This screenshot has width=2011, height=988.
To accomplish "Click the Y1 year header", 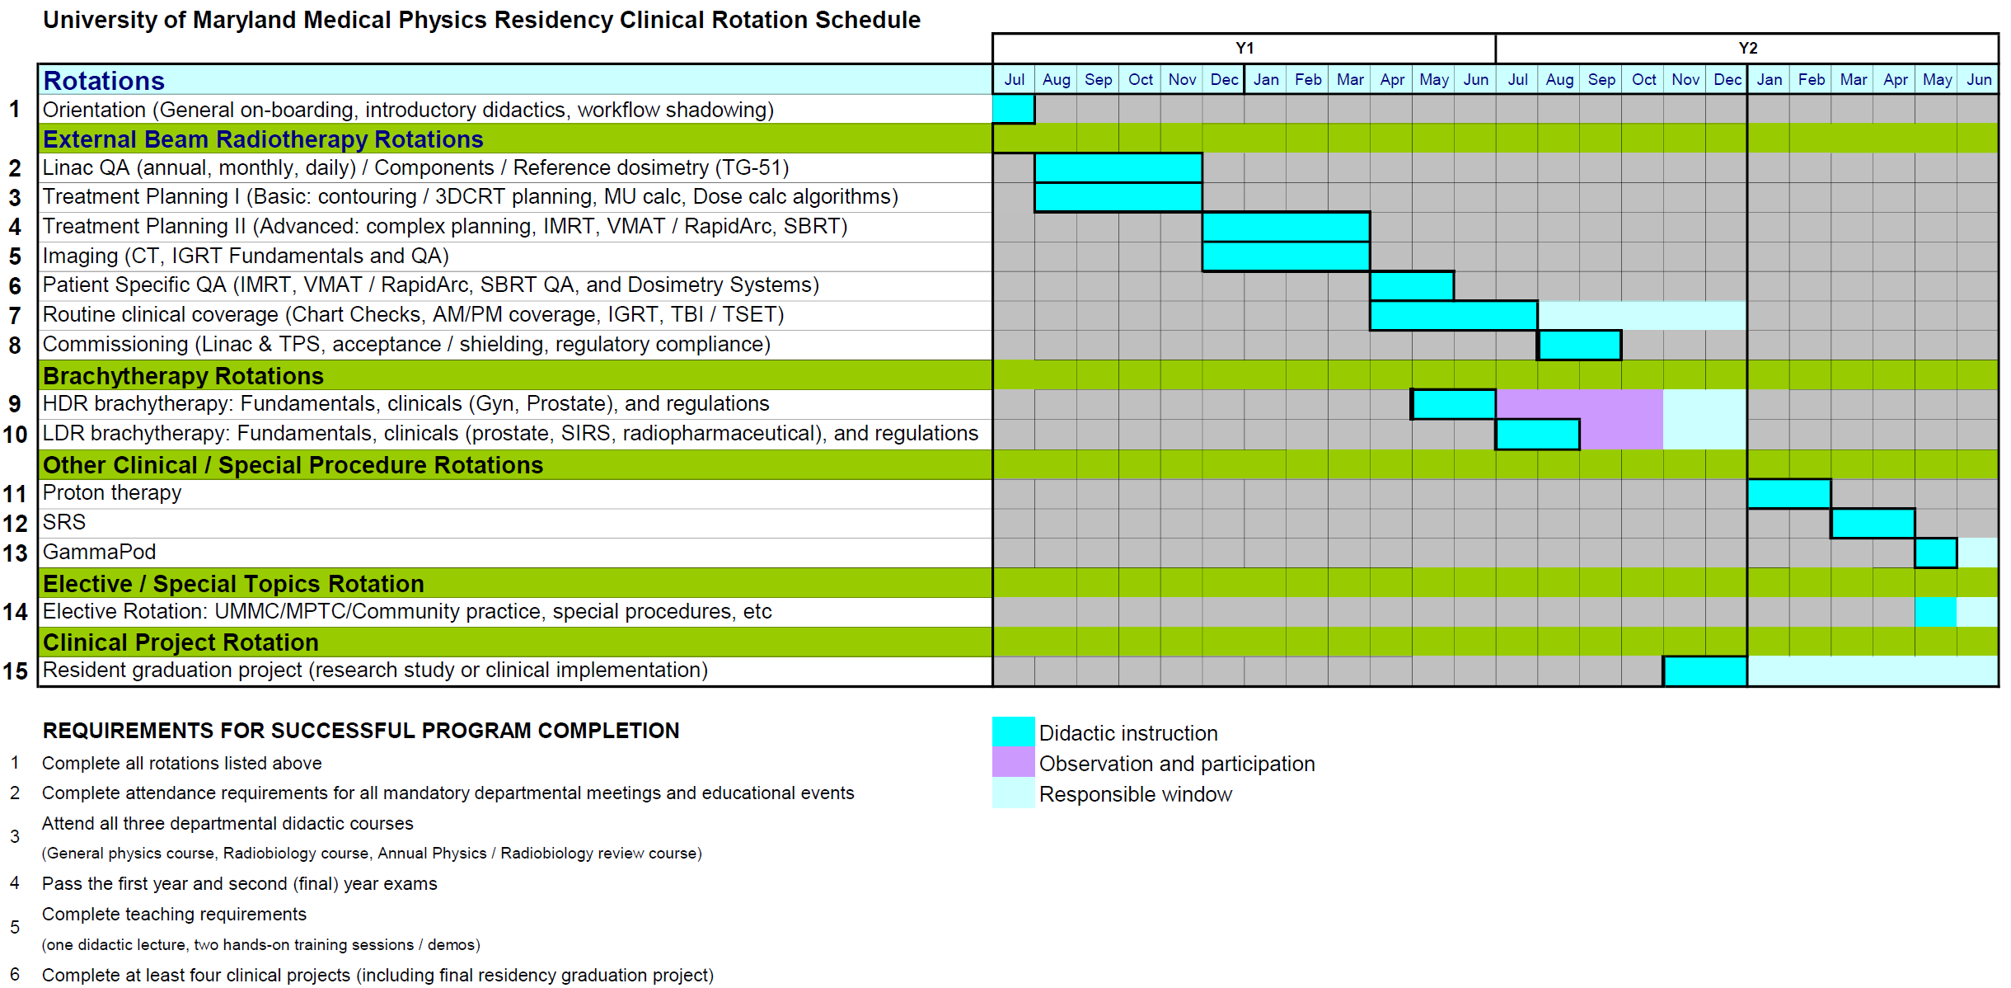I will point(1244,48).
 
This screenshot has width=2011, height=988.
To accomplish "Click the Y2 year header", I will point(1747,48).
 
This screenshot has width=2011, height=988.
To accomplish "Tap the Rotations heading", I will point(104,80).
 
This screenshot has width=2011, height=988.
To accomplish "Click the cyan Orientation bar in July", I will point(1013,109).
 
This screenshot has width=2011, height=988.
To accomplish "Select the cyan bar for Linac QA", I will point(1118,167).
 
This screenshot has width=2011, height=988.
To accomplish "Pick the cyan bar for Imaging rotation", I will point(1286,256).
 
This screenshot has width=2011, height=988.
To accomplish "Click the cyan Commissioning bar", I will point(1579,345).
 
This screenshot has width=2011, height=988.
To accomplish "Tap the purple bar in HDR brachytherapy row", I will point(1579,404).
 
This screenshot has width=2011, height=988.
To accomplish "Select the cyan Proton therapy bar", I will point(1789,493).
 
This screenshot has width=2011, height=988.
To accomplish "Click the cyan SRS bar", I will point(1873,523).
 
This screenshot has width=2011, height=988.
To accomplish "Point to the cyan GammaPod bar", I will point(1935,553).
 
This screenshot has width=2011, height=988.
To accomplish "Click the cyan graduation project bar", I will point(1705,671).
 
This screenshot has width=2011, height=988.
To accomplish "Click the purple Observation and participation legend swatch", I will point(1013,762).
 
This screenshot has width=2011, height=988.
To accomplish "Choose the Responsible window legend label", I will point(1135,794).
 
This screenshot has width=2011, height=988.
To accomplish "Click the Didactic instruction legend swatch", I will point(1013,732).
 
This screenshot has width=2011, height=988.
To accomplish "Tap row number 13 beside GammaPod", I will point(16,553).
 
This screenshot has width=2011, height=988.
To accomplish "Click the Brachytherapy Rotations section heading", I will point(183,376).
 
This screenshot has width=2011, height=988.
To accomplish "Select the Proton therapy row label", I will point(112,493).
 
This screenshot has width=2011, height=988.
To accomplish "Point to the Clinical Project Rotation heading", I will point(180,642).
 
